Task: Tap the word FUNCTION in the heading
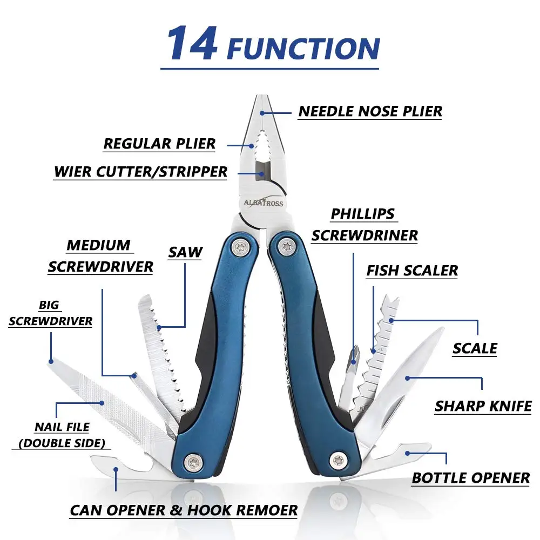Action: [303, 48]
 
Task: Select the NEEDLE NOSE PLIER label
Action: [370, 111]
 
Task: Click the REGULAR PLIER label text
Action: [159, 144]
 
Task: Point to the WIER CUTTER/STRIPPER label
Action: [140, 172]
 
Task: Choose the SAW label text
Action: [185, 252]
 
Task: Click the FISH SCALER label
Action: [411, 271]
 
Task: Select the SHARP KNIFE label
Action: [483, 406]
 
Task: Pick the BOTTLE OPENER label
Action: [470, 478]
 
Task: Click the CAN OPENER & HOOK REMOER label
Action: [184, 510]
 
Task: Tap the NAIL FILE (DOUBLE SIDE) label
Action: [62, 435]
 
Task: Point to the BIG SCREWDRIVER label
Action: [50, 314]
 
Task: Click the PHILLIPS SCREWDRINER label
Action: [364, 225]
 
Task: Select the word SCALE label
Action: [475, 348]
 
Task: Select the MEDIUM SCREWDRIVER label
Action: [100, 256]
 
